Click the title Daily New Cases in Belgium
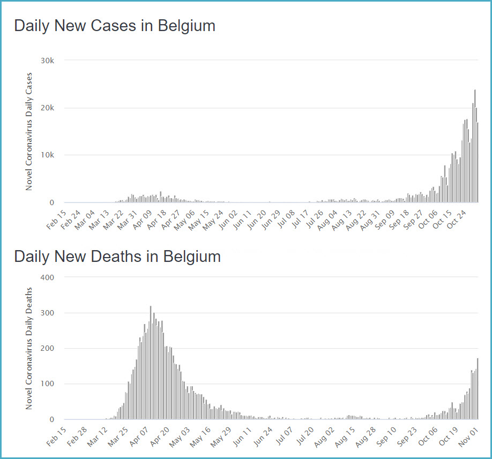click(114, 26)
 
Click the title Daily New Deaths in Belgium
click(117, 256)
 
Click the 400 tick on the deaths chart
click(48, 277)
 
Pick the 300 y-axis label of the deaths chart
click(48, 313)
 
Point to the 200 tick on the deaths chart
click(48, 348)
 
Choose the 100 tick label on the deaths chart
click(48, 384)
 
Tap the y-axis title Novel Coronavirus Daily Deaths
click(30, 349)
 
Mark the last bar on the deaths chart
click(478, 389)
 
